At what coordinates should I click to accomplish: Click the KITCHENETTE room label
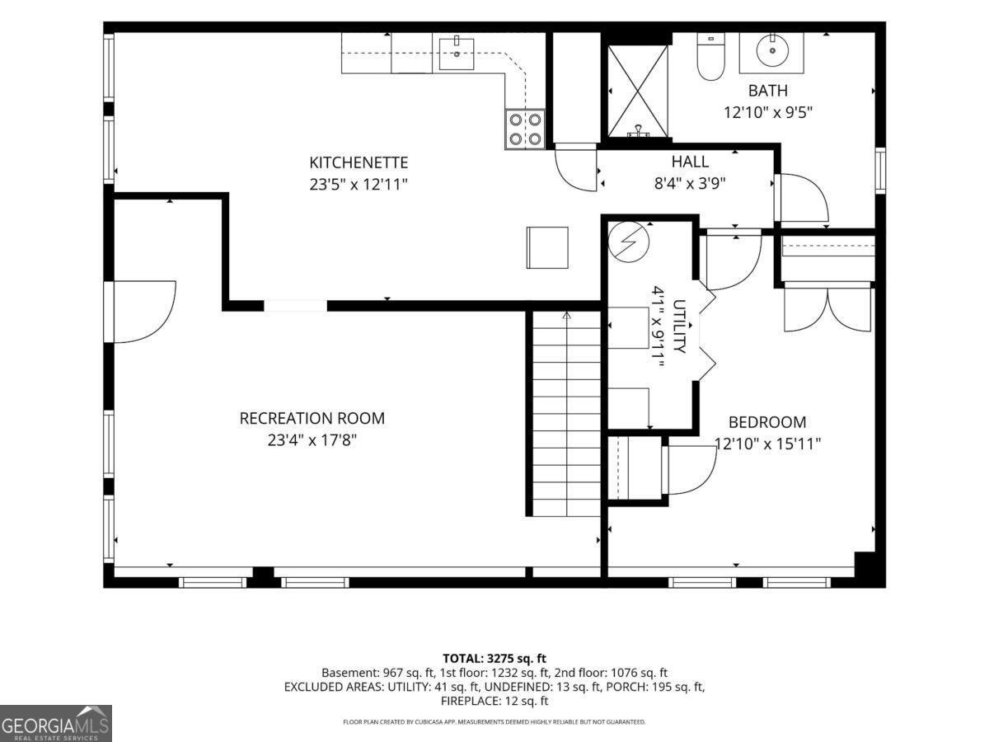pyautogui.click(x=359, y=162)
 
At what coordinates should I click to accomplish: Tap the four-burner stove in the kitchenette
pyautogui.click(x=525, y=129)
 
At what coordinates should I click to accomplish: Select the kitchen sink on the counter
pyautogui.click(x=457, y=54)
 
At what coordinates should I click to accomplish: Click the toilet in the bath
pyautogui.click(x=710, y=57)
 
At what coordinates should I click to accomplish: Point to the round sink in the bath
pyautogui.click(x=772, y=51)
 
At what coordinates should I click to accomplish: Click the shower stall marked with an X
pyautogui.click(x=638, y=91)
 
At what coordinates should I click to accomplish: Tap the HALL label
pyautogui.click(x=690, y=162)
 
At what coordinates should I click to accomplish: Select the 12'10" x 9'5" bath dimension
pyautogui.click(x=768, y=112)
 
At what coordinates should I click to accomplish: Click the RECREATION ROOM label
pyautogui.click(x=312, y=418)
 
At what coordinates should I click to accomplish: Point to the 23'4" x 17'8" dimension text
pyautogui.click(x=312, y=440)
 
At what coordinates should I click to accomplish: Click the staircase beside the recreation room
pyautogui.click(x=567, y=414)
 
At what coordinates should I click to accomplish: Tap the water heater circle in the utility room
pyautogui.click(x=629, y=242)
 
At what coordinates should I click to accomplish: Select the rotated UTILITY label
pyautogui.click(x=679, y=326)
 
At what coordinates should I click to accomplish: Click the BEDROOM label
pyautogui.click(x=767, y=422)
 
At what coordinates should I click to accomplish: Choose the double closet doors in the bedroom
pyautogui.click(x=827, y=308)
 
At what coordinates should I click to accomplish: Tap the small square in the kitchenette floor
pyautogui.click(x=547, y=248)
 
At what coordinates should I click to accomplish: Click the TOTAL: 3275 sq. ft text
pyautogui.click(x=494, y=658)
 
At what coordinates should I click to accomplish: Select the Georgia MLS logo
pyautogui.click(x=55, y=723)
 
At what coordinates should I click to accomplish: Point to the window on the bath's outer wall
pyautogui.click(x=880, y=171)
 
